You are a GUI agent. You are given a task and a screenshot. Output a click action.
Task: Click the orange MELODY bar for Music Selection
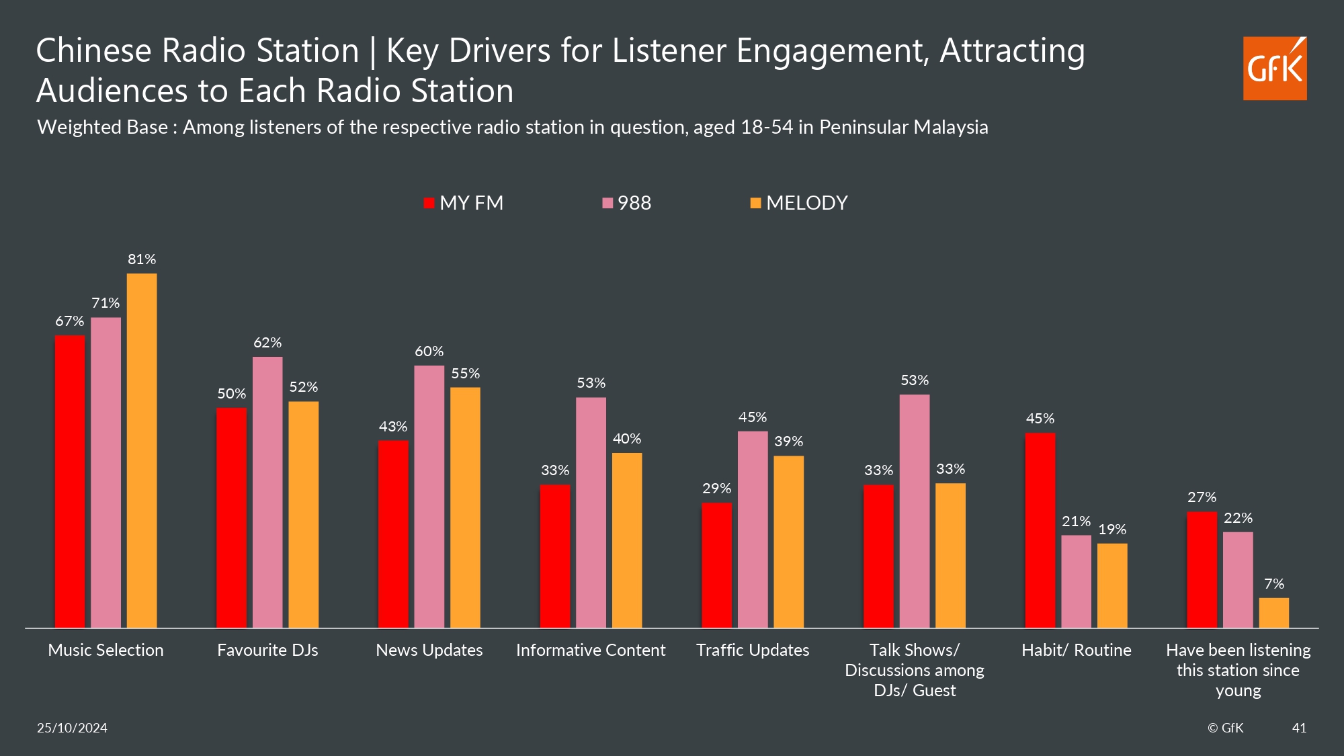(x=142, y=450)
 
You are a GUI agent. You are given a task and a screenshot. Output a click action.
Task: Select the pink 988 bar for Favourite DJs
(x=267, y=492)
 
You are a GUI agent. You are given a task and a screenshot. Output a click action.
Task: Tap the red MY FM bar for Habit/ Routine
(x=1040, y=530)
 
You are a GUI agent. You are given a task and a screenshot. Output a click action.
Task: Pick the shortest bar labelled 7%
(x=1273, y=613)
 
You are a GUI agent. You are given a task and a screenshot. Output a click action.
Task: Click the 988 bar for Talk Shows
(x=915, y=511)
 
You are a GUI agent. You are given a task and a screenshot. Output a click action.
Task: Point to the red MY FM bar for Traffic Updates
(x=716, y=565)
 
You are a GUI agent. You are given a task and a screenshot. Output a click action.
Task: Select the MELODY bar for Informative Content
(x=627, y=540)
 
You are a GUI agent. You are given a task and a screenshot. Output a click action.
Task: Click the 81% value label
(x=142, y=259)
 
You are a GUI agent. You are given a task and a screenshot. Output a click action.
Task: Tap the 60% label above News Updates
(x=429, y=351)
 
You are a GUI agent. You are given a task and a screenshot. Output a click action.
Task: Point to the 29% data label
(x=716, y=489)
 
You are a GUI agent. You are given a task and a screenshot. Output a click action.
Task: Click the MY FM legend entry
(x=464, y=203)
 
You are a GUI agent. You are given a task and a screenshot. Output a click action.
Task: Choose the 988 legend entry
(x=627, y=203)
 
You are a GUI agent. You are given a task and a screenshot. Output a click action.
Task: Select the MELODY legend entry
(x=800, y=203)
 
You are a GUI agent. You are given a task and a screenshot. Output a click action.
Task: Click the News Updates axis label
(x=429, y=650)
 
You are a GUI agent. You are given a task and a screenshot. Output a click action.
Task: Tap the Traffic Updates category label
(x=753, y=650)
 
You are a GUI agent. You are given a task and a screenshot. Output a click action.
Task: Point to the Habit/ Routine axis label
(x=1076, y=650)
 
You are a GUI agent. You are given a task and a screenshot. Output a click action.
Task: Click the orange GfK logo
(x=1275, y=69)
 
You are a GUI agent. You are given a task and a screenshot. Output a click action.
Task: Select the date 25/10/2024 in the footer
(x=72, y=728)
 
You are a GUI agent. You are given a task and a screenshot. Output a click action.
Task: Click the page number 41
(x=1299, y=728)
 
